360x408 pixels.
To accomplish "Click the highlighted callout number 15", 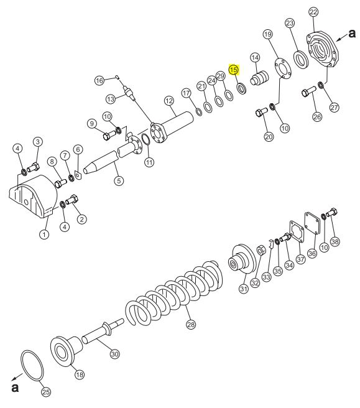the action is pyautogui.click(x=234, y=70).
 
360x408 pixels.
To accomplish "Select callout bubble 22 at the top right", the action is pyautogui.click(x=313, y=12).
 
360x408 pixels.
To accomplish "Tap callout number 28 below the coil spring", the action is pyautogui.click(x=191, y=325).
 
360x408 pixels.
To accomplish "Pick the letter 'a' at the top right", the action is pyautogui.click(x=352, y=34).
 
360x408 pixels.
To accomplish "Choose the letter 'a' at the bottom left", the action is pyautogui.click(x=15, y=387).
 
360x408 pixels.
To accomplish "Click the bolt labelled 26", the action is pyautogui.click(x=308, y=91).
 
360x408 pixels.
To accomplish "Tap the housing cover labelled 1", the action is pyautogui.click(x=34, y=197).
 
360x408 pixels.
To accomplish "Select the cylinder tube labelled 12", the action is pyautogui.click(x=172, y=127).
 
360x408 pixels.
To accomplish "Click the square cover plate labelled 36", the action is pyautogui.click(x=312, y=223).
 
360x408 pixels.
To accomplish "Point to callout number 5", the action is pyautogui.click(x=119, y=180).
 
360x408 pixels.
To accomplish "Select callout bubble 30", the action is pyautogui.click(x=114, y=354).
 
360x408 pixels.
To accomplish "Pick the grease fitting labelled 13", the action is pyautogui.click(x=129, y=93).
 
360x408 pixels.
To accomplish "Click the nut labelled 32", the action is pyautogui.click(x=261, y=251).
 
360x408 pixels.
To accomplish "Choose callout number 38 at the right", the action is pyautogui.click(x=335, y=241).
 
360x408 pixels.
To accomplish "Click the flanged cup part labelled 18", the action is pyautogui.click(x=65, y=351).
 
